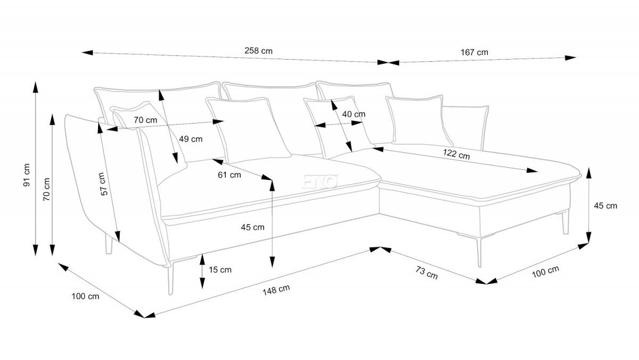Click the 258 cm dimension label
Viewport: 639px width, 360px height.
point(258,51)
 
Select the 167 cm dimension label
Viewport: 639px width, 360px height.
point(474,52)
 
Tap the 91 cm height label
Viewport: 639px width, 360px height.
point(26,175)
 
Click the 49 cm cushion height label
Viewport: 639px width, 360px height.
point(191,139)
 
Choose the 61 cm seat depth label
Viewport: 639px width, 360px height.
point(230,175)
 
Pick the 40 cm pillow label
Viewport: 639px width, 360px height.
point(354,114)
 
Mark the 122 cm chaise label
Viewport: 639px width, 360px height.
point(456,154)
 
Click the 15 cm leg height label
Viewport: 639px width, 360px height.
point(220,269)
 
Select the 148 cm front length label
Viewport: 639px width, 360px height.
point(276,290)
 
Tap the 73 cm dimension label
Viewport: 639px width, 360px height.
point(427,273)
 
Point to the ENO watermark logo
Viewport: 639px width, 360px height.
point(319,182)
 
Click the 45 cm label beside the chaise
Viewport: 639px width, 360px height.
point(605,206)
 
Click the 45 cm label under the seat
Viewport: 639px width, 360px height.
point(252,227)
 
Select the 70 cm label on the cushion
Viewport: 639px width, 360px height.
point(145,120)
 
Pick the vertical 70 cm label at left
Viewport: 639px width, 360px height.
point(46,189)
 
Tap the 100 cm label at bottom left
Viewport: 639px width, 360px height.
point(85,296)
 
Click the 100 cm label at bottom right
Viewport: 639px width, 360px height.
point(545,272)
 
